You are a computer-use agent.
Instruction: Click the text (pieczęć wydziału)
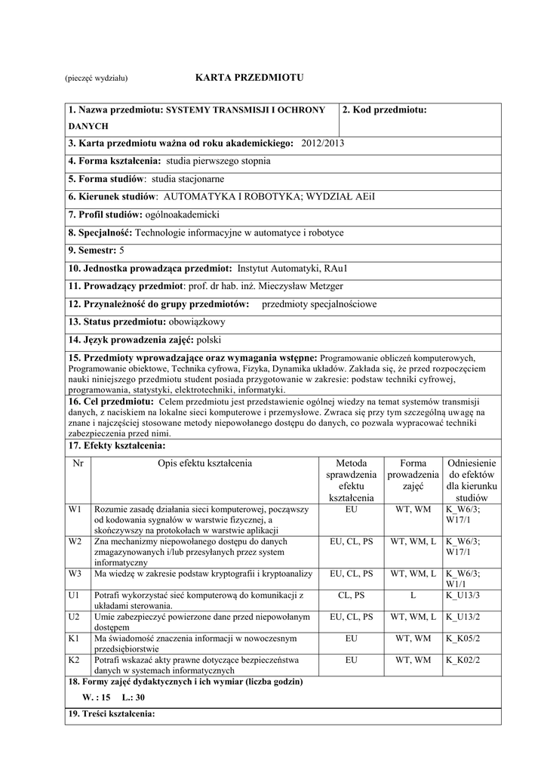[x=96, y=79]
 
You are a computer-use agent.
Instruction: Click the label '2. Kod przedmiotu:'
[x=385, y=110]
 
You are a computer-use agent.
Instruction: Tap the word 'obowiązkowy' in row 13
[x=203, y=322]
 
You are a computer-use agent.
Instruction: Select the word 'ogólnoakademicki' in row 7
[x=182, y=215]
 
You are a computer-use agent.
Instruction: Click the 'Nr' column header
[x=78, y=463]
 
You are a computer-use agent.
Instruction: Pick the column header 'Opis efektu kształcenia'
[x=204, y=463]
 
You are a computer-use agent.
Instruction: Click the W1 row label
[x=75, y=510]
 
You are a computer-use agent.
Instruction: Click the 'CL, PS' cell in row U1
[x=351, y=596]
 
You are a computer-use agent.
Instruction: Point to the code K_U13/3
[x=462, y=596]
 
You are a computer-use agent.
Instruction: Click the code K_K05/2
[x=462, y=639]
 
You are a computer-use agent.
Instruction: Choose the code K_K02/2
[x=462, y=660]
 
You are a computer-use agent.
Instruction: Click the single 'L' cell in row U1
[x=413, y=596]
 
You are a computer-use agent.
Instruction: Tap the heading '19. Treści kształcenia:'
[x=112, y=714]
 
